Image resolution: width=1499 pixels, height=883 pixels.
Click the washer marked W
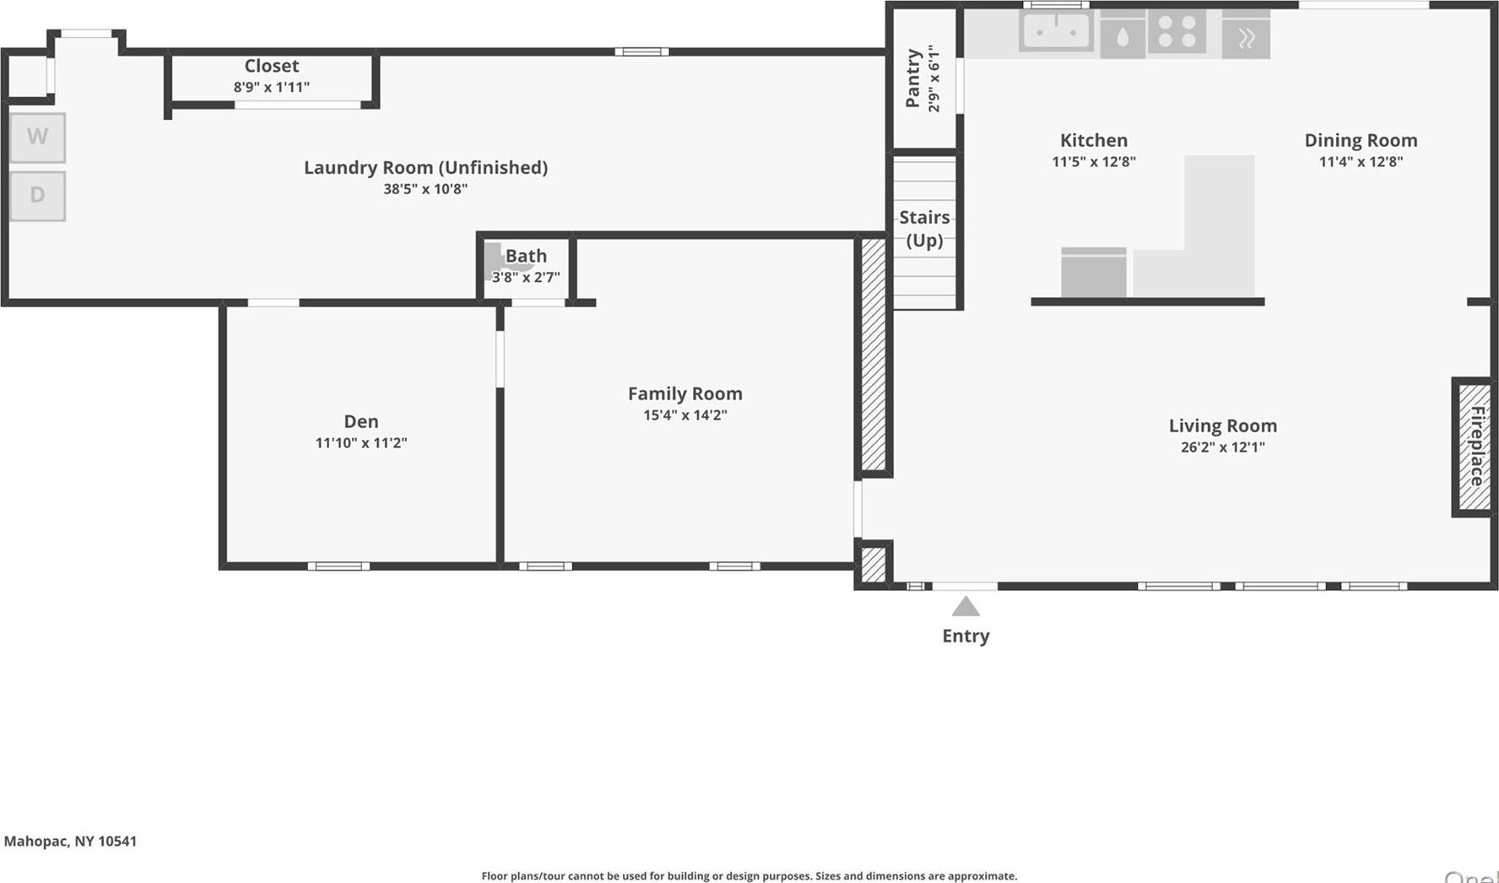click(x=37, y=137)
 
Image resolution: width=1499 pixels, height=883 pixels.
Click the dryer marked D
click(x=37, y=196)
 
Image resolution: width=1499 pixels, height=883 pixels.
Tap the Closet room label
click(x=272, y=66)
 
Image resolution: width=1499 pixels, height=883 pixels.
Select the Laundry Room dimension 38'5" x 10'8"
click(x=425, y=189)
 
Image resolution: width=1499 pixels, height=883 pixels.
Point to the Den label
click(x=361, y=421)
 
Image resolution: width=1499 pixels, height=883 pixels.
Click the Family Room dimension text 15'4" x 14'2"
click(x=685, y=415)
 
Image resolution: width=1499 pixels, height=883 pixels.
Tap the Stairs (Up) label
click(x=924, y=229)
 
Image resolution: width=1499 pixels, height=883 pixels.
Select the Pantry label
click(x=912, y=79)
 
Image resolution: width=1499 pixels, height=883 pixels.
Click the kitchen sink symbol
click(x=1056, y=32)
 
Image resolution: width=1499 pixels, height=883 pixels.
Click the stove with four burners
click(x=1177, y=33)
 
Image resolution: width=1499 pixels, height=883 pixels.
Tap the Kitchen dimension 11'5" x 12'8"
click(x=1094, y=162)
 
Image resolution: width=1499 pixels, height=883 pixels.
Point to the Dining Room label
click(x=1361, y=140)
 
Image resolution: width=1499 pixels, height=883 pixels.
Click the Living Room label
click(x=1222, y=426)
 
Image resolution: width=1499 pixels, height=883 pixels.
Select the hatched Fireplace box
click(x=1474, y=447)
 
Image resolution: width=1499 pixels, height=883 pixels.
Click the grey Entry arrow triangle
click(x=966, y=607)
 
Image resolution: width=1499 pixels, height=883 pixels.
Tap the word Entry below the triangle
click(x=966, y=637)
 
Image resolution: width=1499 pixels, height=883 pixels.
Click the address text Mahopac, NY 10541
click(x=70, y=841)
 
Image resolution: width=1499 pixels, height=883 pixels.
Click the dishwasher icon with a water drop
click(x=1123, y=36)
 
